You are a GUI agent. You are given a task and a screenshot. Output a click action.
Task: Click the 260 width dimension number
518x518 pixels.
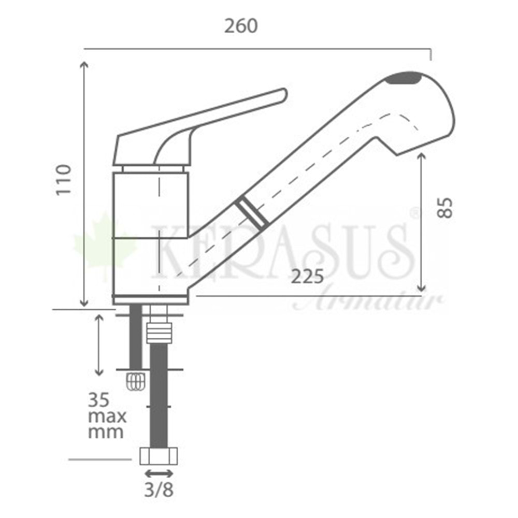tap(241, 26)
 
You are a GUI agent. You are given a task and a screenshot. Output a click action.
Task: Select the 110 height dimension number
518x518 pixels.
tap(63, 180)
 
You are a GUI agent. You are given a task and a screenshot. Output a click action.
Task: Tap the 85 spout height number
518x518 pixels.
tap(444, 208)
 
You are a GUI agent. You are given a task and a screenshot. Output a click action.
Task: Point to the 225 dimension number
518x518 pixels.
tap(307, 277)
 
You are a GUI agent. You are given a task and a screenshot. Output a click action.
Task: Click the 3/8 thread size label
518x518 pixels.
tap(159, 490)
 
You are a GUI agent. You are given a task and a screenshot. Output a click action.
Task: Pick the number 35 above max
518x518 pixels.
tap(98, 400)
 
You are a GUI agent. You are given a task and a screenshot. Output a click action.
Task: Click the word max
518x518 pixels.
tap(107, 416)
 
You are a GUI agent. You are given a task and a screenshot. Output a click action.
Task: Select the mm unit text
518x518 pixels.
tap(106, 433)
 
